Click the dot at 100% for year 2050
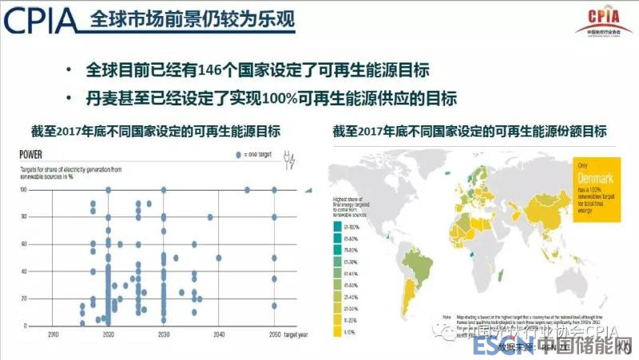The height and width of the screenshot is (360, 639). click(x=275, y=190)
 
